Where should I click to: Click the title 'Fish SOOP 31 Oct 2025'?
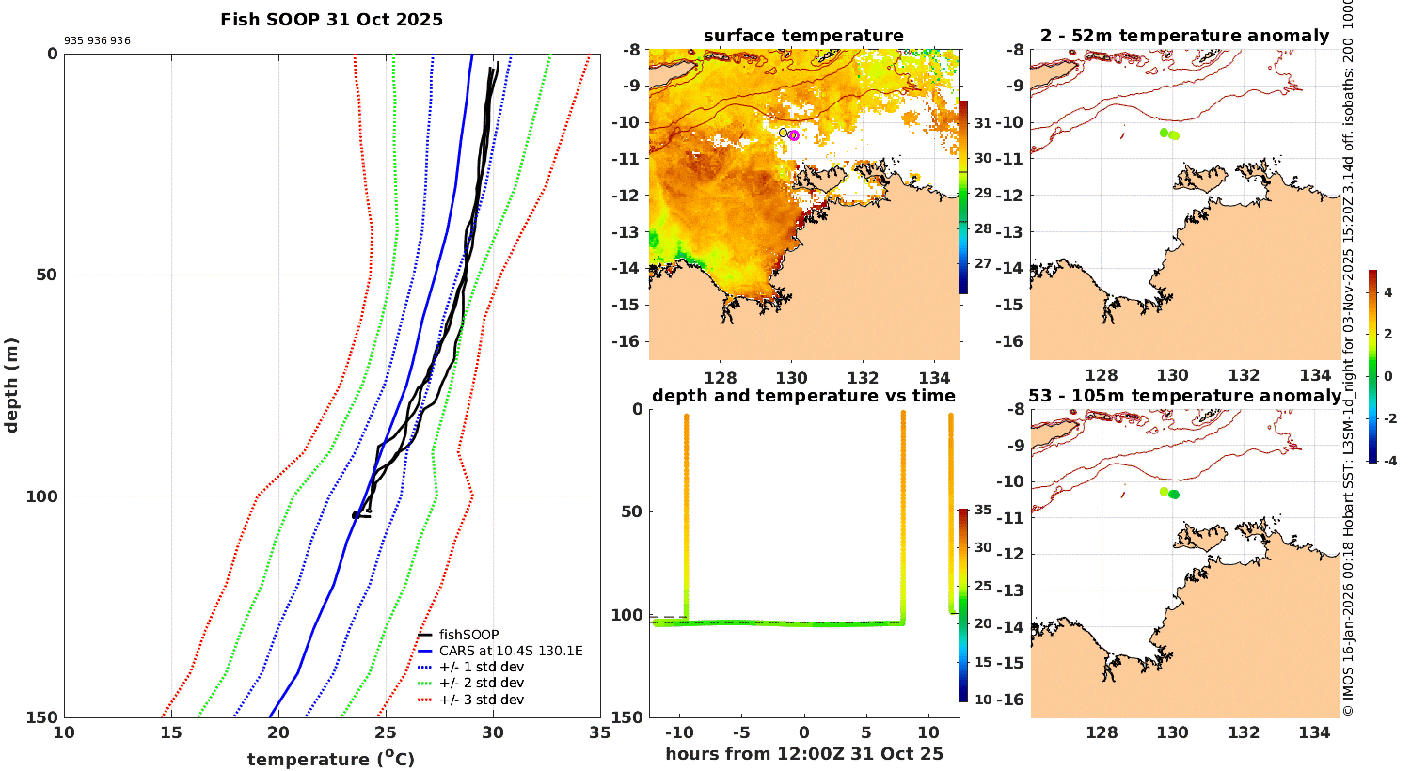pos(331,20)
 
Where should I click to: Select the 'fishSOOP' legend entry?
pos(468,635)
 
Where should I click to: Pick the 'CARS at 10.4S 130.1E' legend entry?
pos(511,651)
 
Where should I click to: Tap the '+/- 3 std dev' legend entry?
pos(481,700)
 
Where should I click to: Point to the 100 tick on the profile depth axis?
pos(41,496)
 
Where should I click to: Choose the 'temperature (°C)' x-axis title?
pos(330,759)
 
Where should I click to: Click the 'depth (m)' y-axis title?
pos(11,385)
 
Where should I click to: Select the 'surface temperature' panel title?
pos(803,36)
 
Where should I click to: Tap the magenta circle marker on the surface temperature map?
pos(794,135)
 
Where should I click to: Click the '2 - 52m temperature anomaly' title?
pos(1184,36)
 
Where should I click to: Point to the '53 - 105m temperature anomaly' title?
pos(1184,396)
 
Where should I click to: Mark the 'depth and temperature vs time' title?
pos(803,396)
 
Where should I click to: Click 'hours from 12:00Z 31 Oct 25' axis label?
pos(803,754)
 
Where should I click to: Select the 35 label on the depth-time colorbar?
pos(983,510)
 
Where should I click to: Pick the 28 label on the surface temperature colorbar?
pos(983,228)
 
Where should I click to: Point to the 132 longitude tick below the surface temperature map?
pos(863,377)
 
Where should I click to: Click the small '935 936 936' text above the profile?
pos(97,41)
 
